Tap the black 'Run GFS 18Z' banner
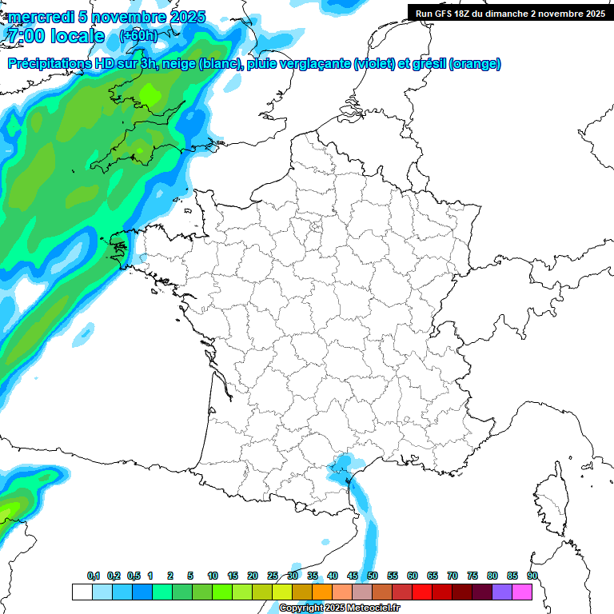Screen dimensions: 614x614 point(510,13)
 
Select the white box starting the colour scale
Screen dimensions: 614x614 point(82,592)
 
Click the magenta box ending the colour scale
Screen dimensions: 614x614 point(522,592)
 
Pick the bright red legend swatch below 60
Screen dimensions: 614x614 point(422,592)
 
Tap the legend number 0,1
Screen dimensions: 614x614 point(94,576)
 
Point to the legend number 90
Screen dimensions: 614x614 point(532,576)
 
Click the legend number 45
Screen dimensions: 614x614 point(353,576)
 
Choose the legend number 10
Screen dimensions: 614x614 point(213,576)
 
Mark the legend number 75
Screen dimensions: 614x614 point(472,576)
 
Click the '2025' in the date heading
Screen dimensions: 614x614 point(185,17)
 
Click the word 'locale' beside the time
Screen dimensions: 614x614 point(77,36)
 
